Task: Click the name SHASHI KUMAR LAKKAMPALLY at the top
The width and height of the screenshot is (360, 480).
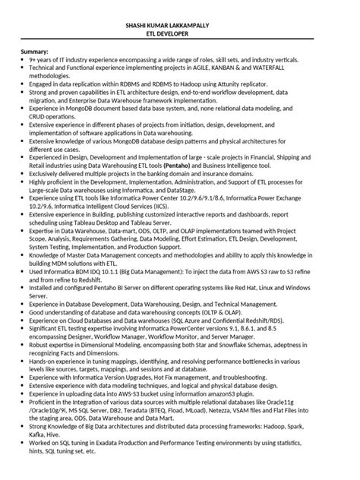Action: (181, 25)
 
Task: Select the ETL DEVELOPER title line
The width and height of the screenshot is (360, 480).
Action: (181, 33)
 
